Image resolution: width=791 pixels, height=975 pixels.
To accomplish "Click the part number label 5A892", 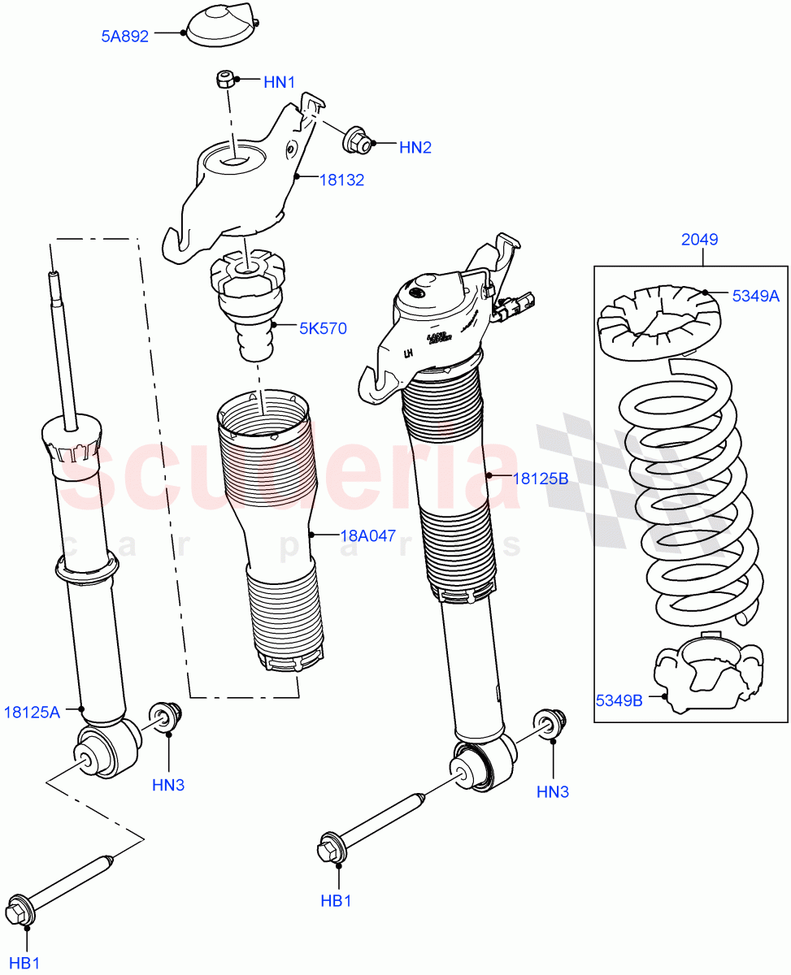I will click(x=124, y=36).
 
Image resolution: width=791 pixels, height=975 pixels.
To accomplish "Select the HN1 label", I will click(x=279, y=82).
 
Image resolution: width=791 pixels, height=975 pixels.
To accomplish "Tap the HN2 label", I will click(x=415, y=147).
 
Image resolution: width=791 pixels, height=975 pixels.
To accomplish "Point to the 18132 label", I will click(x=341, y=180).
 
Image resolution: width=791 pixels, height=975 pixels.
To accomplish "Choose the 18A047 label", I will click(x=367, y=535).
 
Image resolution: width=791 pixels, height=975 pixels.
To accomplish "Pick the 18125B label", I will click(x=540, y=479).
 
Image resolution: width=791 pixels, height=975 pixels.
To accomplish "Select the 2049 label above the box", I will click(x=699, y=240).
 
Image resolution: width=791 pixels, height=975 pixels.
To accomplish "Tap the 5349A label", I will click(x=755, y=296).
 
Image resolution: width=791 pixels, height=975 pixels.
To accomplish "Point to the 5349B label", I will click(x=619, y=698).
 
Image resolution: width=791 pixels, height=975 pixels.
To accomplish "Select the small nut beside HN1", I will click(x=225, y=80).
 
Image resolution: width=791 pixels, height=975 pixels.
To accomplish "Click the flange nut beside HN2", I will click(x=357, y=141).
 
